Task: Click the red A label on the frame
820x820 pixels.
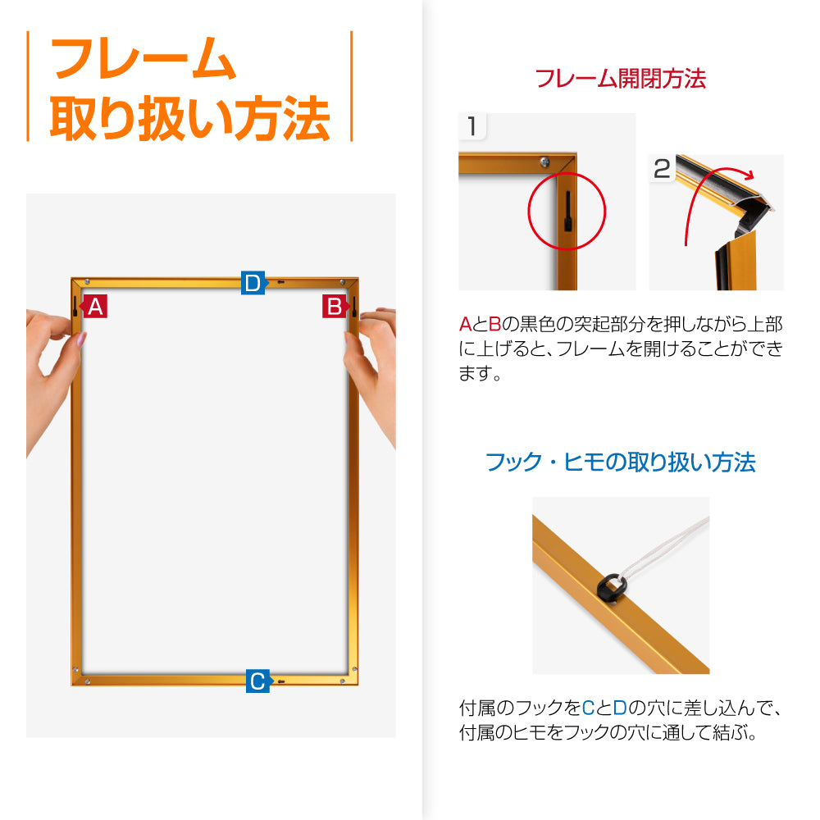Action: [x=94, y=306]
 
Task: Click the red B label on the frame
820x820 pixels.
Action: [x=335, y=306]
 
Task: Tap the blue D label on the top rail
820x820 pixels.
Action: [x=253, y=283]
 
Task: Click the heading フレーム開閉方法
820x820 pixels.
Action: [x=620, y=79]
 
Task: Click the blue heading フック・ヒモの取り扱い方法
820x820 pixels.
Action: [x=620, y=462]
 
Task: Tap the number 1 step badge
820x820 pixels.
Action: [x=472, y=126]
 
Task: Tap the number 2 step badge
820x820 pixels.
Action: [x=662, y=168]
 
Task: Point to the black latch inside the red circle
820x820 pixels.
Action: [x=568, y=211]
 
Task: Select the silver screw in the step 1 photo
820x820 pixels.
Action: [x=544, y=162]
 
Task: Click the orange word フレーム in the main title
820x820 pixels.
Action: [x=143, y=58]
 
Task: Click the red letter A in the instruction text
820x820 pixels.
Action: [x=466, y=324]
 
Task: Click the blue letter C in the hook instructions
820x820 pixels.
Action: [x=588, y=708]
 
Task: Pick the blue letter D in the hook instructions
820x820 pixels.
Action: [x=620, y=708]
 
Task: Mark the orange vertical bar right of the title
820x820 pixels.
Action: [x=352, y=86]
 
